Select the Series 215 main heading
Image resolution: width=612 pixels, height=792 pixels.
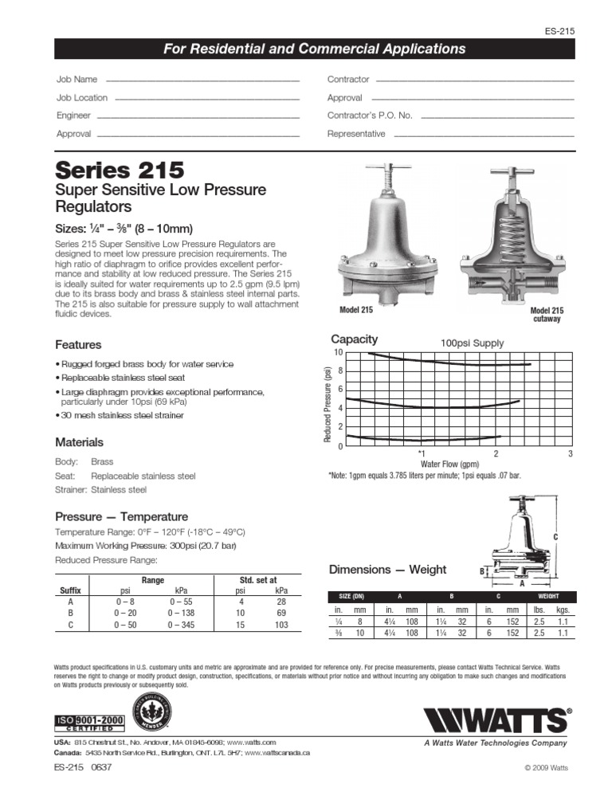click(x=120, y=171)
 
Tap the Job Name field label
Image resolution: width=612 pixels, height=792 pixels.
click(x=76, y=80)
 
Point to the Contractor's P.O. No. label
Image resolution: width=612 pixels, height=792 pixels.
click(x=370, y=116)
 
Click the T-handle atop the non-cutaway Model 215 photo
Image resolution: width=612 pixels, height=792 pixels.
click(x=388, y=170)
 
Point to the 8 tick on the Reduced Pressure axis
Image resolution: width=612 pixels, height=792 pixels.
click(x=339, y=371)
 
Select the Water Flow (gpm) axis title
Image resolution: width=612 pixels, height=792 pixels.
click(x=449, y=464)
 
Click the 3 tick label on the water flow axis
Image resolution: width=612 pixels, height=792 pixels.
click(x=570, y=453)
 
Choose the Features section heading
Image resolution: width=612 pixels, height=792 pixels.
click(x=78, y=345)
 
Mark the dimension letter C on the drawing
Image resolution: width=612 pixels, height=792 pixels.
click(x=555, y=537)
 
